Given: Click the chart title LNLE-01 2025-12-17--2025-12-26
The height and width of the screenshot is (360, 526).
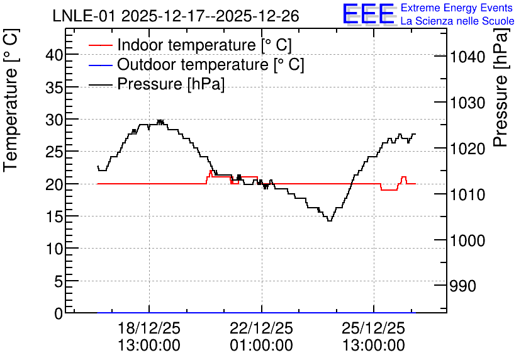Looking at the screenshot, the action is click(176, 16).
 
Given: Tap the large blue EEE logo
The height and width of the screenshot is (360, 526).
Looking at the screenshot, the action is click(369, 13).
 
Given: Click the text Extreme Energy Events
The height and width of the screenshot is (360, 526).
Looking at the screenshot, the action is click(457, 8).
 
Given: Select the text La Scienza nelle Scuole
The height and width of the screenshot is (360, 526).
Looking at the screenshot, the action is click(457, 21).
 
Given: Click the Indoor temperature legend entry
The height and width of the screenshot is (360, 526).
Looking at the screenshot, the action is click(190, 45).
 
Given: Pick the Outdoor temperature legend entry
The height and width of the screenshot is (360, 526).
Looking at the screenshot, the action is click(196, 64).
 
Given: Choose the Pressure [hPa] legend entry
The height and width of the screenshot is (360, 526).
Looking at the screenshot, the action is click(156, 84).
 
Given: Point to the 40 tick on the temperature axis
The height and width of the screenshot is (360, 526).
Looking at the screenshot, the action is click(54, 54).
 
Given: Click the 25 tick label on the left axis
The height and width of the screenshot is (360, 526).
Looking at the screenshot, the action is click(54, 152).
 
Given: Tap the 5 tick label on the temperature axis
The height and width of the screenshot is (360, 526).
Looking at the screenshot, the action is click(59, 281).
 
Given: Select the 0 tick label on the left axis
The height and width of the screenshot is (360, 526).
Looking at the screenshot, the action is click(59, 313).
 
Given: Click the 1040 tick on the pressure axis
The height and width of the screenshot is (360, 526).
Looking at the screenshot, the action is click(467, 57).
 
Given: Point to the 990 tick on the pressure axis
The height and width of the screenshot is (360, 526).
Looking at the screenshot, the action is click(463, 286).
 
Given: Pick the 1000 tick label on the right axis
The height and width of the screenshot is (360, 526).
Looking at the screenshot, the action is click(467, 240).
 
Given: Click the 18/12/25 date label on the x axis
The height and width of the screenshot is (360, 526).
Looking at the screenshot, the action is click(149, 328).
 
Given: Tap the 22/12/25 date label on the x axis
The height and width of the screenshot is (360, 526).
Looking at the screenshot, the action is click(261, 328).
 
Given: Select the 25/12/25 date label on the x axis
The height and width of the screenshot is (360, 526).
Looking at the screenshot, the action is click(373, 328).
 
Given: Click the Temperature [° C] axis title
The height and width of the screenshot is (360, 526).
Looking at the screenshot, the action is click(11, 100).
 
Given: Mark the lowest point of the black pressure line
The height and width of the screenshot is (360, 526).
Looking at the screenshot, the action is click(330, 221).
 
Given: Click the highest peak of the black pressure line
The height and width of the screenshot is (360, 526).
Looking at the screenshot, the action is click(160, 120).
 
